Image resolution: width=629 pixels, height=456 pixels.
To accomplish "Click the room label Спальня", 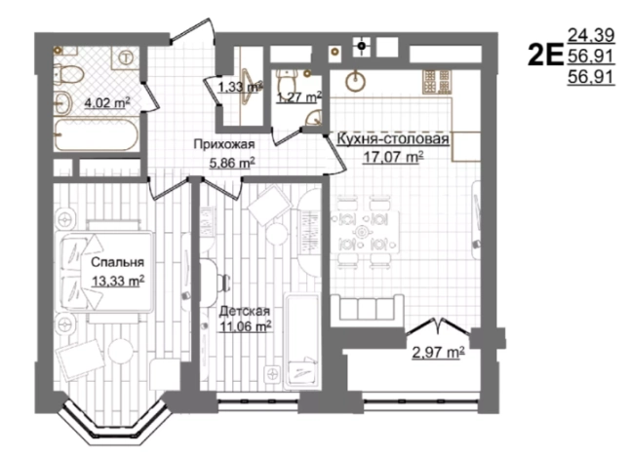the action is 117,262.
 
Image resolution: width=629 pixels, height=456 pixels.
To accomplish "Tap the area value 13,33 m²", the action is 118,281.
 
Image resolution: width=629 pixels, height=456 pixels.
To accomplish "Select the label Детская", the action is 245,311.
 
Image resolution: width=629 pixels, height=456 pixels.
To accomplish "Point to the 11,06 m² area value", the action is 245,326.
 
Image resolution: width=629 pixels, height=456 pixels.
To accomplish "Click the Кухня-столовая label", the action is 393,139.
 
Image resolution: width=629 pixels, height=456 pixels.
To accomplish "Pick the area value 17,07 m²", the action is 393,157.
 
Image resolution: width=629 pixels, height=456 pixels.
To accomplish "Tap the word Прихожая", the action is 224,144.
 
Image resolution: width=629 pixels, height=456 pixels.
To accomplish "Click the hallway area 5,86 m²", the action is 232,163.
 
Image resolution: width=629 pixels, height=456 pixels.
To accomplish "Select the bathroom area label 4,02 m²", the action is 106,103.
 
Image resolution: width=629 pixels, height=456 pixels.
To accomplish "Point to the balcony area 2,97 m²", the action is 439,353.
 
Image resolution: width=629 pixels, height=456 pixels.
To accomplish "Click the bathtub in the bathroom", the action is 97,135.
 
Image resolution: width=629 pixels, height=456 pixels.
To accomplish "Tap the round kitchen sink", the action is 356,81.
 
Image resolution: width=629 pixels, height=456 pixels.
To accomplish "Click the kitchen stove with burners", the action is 436,82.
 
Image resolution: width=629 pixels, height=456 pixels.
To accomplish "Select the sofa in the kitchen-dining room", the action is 367,307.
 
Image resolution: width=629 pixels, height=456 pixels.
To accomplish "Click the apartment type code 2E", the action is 545,57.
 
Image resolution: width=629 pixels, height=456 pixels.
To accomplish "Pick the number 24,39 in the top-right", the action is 591,35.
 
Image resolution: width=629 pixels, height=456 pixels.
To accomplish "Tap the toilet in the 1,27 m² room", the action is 287,83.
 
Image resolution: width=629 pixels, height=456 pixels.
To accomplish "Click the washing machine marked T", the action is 126,57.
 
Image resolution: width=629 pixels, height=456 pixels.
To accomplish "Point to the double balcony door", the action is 437,326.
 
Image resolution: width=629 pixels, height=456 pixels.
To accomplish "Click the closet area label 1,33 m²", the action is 240,87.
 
